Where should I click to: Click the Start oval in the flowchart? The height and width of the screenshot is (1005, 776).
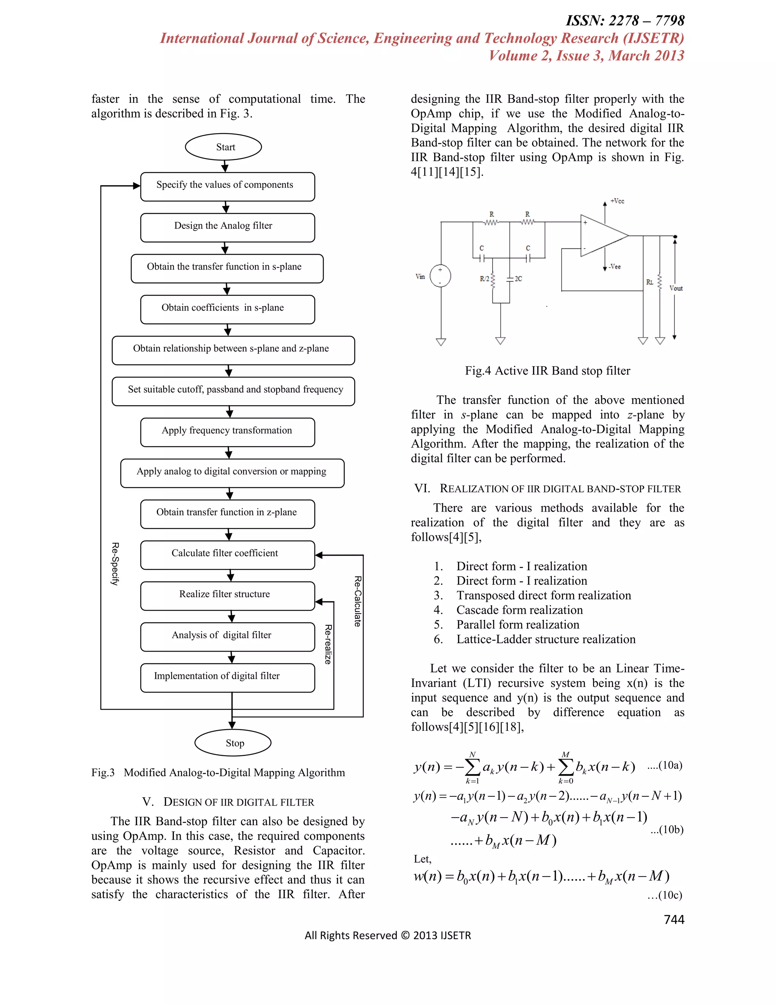[x=224, y=147]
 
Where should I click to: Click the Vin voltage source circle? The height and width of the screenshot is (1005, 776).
[x=440, y=276]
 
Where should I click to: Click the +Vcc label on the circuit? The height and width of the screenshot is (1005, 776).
[x=617, y=201]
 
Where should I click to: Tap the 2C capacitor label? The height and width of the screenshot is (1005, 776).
[x=518, y=279]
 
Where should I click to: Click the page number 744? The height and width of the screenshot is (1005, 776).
[x=674, y=919]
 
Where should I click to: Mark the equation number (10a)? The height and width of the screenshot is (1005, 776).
[x=665, y=765]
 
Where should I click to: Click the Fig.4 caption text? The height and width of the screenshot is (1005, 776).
[x=547, y=371]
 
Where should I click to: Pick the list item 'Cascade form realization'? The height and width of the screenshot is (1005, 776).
[x=519, y=610]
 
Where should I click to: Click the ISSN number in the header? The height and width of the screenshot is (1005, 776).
[x=625, y=21]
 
